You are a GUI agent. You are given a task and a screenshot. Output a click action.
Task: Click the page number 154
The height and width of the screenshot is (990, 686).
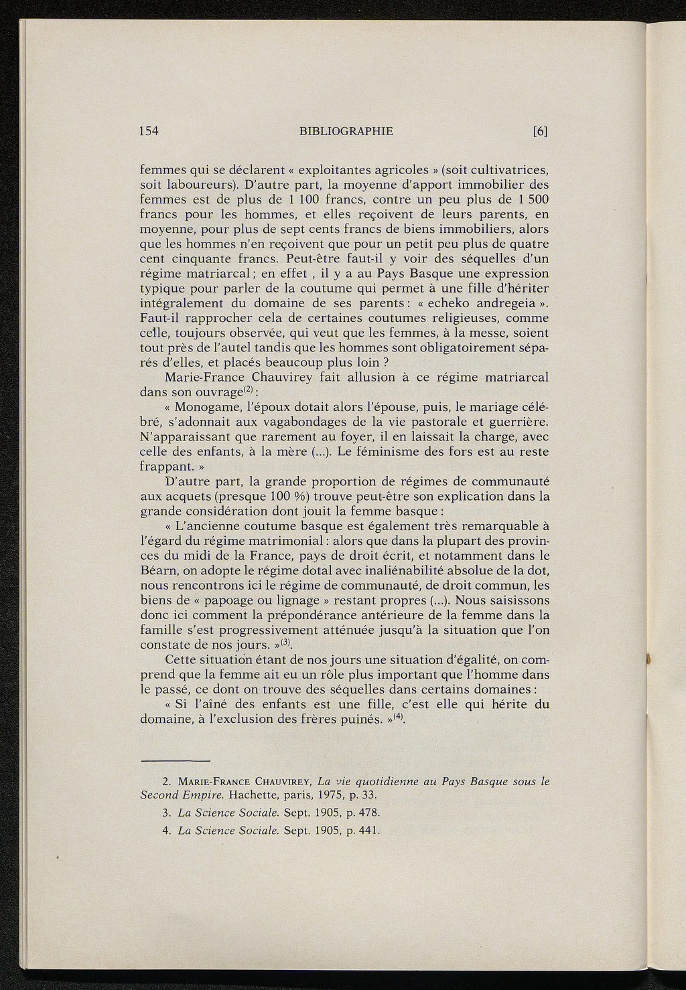pos(148,131)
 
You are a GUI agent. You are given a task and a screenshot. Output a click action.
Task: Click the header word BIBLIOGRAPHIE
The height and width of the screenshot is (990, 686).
pos(346,131)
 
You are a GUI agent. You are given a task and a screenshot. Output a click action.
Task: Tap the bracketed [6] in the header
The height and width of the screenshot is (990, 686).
pos(540,131)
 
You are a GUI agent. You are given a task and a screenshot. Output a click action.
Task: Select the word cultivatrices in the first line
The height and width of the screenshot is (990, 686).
pos(510,170)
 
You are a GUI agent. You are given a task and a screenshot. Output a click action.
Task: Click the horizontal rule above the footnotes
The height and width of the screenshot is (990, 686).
pos(176,761)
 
